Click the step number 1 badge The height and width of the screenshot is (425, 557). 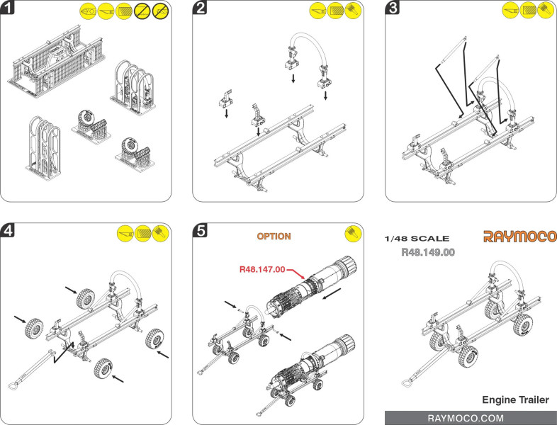tap(9, 8)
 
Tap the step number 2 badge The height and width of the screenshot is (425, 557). tap(201, 8)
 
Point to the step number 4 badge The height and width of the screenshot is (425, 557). tap(9, 230)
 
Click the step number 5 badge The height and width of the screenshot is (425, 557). tap(201, 230)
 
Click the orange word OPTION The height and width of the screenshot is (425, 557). tap(274, 236)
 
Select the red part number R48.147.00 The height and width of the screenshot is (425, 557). tap(261, 269)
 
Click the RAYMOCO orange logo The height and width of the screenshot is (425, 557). tap(519, 237)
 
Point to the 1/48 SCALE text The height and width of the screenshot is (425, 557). tap(416, 239)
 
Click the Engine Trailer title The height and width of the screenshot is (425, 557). tap(515, 400)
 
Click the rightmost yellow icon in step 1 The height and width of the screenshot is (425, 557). tap(160, 11)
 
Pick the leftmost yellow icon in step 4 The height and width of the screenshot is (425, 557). tap(126, 232)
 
